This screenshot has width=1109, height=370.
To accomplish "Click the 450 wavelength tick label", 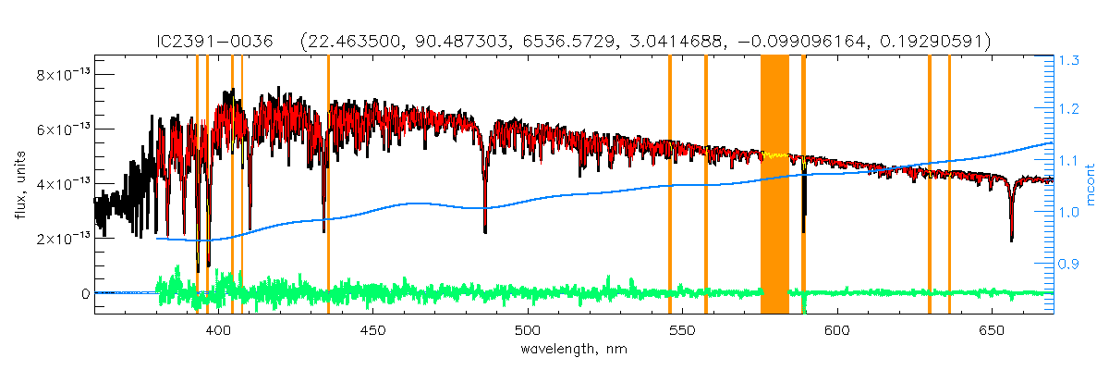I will (372, 330).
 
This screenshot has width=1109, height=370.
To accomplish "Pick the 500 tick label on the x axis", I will (527, 330).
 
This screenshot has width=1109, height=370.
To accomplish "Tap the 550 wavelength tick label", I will (682, 330).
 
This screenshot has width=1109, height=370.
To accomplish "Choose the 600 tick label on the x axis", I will (836, 330).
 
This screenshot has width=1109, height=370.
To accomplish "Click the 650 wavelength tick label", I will (991, 330).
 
